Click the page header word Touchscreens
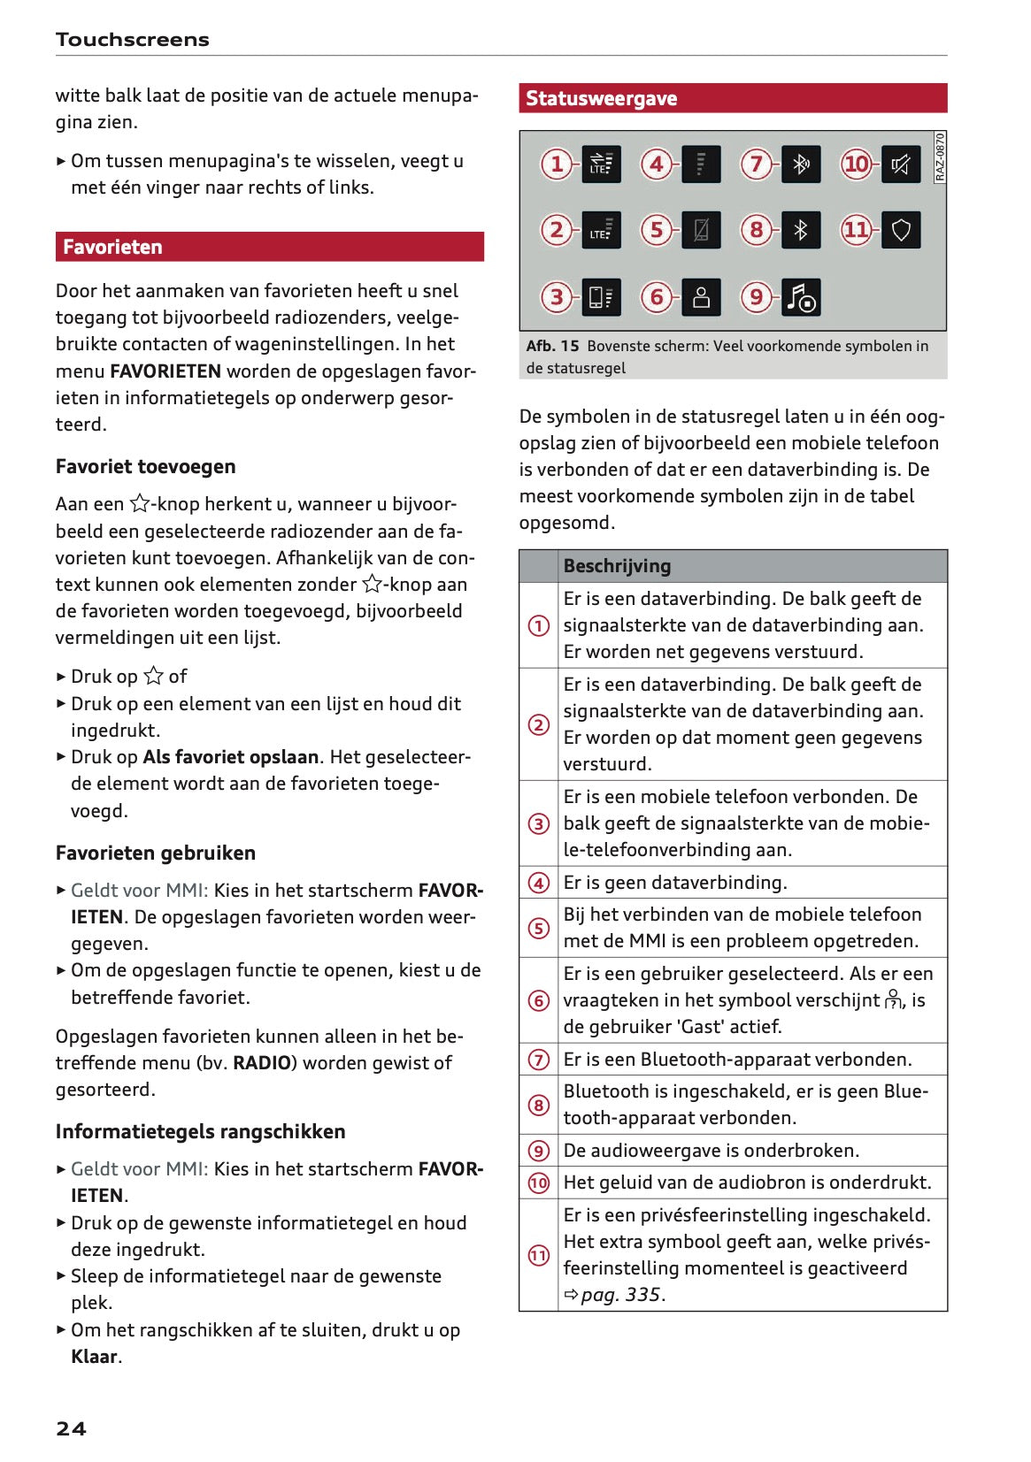click(x=132, y=40)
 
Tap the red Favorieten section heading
click(x=112, y=247)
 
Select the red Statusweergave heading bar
click(x=601, y=98)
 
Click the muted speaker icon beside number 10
click(x=900, y=165)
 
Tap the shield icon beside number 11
click(x=900, y=231)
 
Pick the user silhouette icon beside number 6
click(x=701, y=297)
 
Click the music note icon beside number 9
click(x=801, y=297)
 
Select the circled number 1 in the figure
click(x=557, y=165)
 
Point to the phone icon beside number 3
click(x=601, y=297)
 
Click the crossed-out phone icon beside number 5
click(x=701, y=231)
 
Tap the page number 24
click(x=71, y=1428)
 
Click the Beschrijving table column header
click(x=617, y=566)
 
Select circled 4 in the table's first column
click(x=538, y=883)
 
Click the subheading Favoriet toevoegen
click(x=145, y=467)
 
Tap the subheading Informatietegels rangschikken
click(x=200, y=1132)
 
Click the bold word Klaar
click(x=94, y=1357)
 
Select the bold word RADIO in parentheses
click(x=262, y=1063)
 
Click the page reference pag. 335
click(x=620, y=1295)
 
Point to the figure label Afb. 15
click(x=552, y=346)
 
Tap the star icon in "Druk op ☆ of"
click(x=153, y=677)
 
